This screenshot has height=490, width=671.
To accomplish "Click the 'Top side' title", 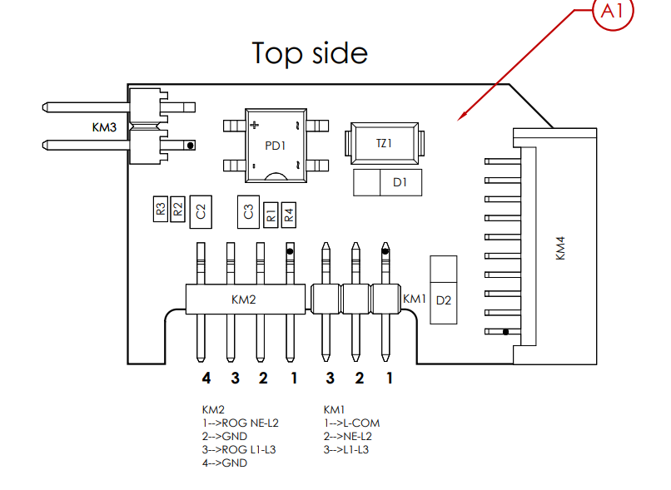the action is tap(310, 53).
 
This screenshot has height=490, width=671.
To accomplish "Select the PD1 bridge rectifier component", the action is tap(276, 146).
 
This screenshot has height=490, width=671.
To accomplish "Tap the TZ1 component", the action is tap(385, 143).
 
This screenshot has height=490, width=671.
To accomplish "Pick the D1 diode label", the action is tap(400, 182).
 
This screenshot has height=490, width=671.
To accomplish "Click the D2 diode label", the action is tap(444, 300).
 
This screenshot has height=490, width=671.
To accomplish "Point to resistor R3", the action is tap(161, 209).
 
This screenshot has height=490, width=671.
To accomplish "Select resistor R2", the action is tap(177, 209).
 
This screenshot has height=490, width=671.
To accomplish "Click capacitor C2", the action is tap(201, 211).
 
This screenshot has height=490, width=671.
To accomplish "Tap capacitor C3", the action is tap(248, 211).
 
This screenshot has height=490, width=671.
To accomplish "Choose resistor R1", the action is tap(271, 215).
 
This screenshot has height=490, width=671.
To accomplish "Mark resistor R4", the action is tap(289, 215).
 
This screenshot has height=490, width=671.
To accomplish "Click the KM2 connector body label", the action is tap(243, 299).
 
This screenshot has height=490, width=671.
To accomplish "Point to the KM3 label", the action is tap(104, 127).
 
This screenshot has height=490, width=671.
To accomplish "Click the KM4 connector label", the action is tap(560, 248).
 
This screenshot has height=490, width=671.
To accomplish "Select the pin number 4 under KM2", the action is tap(206, 378).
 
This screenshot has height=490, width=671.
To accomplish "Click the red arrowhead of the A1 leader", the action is tap(462, 116).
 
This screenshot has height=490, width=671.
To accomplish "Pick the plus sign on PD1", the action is tap(255, 125).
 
